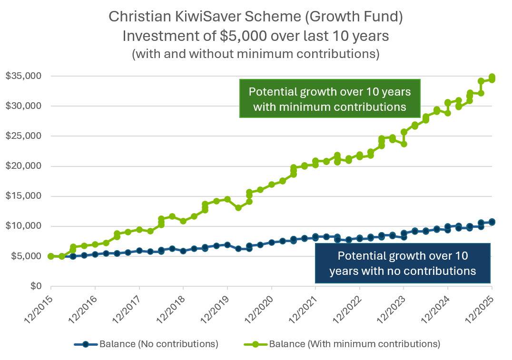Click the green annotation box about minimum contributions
coord(329,98)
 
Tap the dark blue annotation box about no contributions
coord(403,263)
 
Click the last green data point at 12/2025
coord(492,78)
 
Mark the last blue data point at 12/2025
coord(492,222)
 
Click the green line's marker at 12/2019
coord(227,199)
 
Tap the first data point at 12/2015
coord(50,256)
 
